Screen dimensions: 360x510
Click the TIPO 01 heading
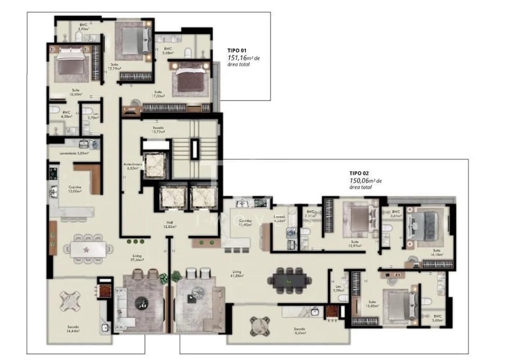point(237,50)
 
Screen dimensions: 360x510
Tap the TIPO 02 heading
point(358,173)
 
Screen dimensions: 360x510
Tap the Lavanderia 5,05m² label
point(74,153)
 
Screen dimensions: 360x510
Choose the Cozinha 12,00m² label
point(75,189)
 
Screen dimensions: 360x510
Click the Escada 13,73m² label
point(159,129)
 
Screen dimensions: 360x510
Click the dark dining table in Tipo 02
point(290,278)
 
